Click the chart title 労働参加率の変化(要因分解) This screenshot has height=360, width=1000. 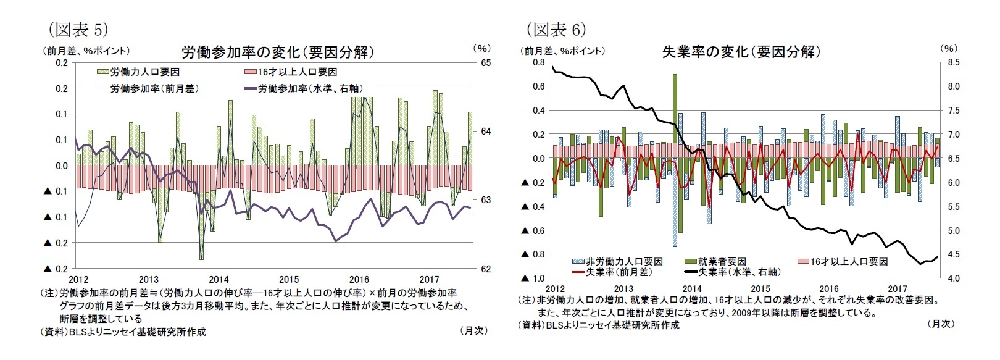click(x=277, y=52)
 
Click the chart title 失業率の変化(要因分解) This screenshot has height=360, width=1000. click(x=741, y=52)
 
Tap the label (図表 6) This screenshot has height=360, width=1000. click(x=556, y=29)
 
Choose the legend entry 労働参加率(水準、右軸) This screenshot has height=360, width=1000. click(x=308, y=88)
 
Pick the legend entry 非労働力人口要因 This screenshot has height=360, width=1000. click(x=624, y=262)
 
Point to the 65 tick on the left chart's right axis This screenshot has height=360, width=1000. click(x=485, y=63)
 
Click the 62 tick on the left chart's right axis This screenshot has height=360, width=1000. click(x=485, y=269)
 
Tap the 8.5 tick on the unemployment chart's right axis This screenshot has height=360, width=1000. click(x=953, y=62)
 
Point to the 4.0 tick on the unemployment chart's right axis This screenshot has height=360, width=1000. click(x=953, y=278)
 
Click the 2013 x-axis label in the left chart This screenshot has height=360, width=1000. click(x=148, y=280)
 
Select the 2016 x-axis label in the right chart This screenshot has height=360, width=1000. click(x=828, y=288)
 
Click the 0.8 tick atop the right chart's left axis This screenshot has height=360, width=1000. click(x=538, y=62)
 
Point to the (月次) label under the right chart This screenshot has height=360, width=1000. click(x=941, y=324)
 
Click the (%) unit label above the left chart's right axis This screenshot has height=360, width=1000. click(x=481, y=48)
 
